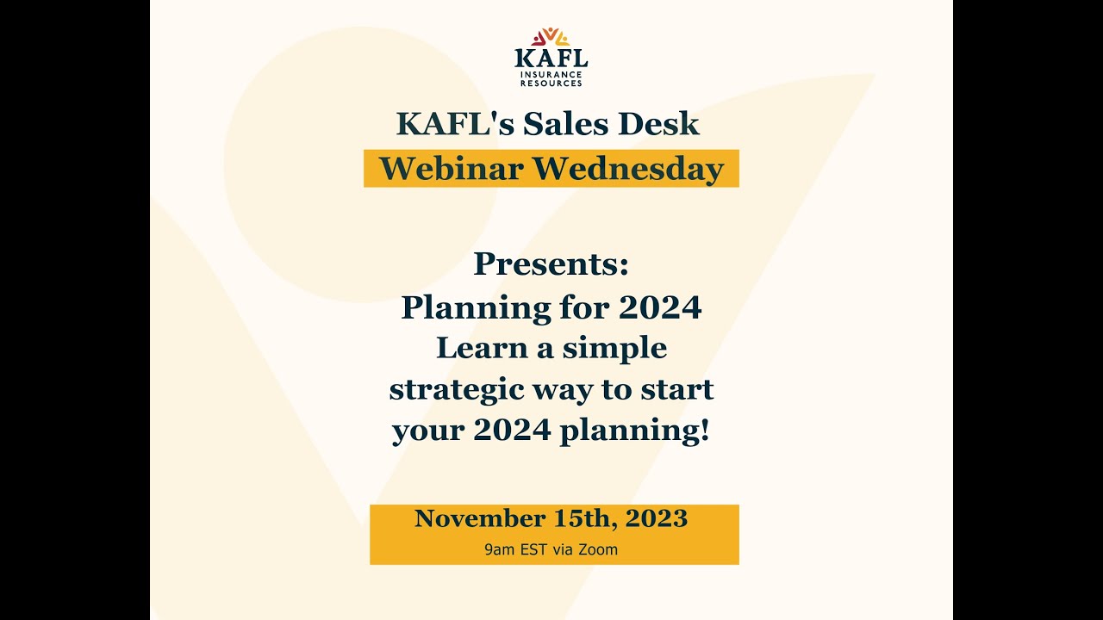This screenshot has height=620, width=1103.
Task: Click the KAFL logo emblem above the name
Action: click(551, 37)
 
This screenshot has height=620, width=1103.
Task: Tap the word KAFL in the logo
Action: click(551, 59)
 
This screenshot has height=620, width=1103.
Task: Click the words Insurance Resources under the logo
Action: click(551, 79)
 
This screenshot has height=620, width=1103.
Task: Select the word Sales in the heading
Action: click(569, 124)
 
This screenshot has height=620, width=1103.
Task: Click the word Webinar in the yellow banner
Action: click(451, 169)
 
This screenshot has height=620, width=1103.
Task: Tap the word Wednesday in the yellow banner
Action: click(627, 169)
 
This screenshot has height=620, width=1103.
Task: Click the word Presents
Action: click(551, 264)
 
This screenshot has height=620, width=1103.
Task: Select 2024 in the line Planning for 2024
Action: click(660, 307)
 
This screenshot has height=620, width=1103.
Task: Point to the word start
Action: click(677, 389)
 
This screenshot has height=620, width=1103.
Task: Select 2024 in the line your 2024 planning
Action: click(512, 430)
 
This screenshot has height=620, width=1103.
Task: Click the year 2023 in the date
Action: click(657, 518)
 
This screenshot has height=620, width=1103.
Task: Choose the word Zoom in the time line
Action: click(598, 549)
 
